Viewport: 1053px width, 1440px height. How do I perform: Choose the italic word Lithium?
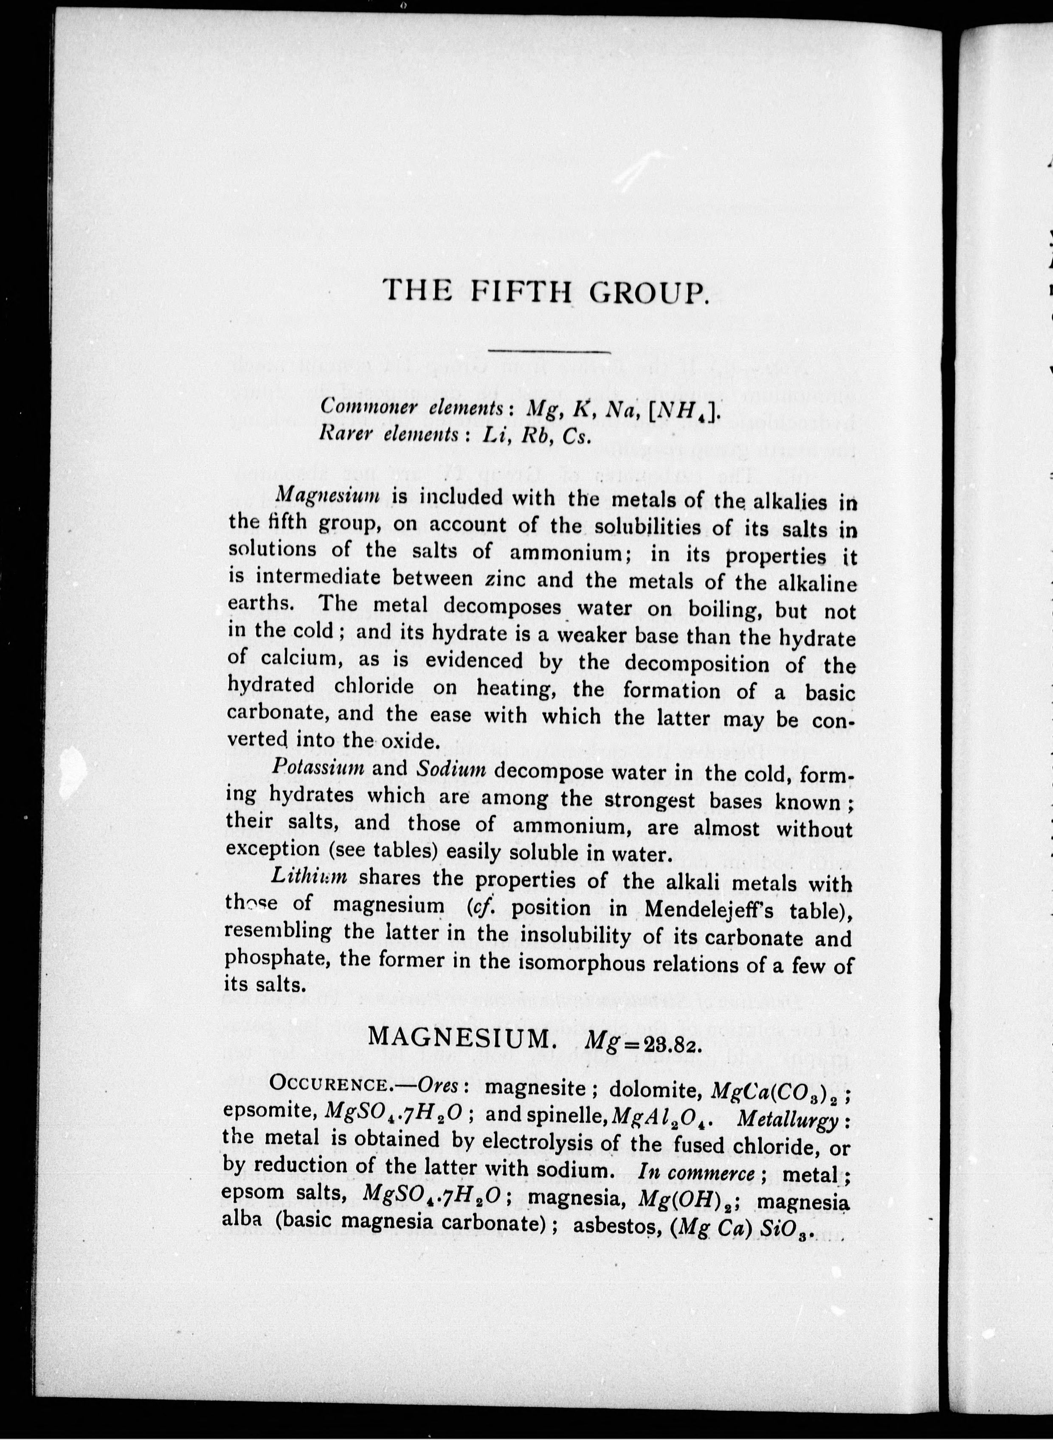pyautogui.click(x=309, y=875)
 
